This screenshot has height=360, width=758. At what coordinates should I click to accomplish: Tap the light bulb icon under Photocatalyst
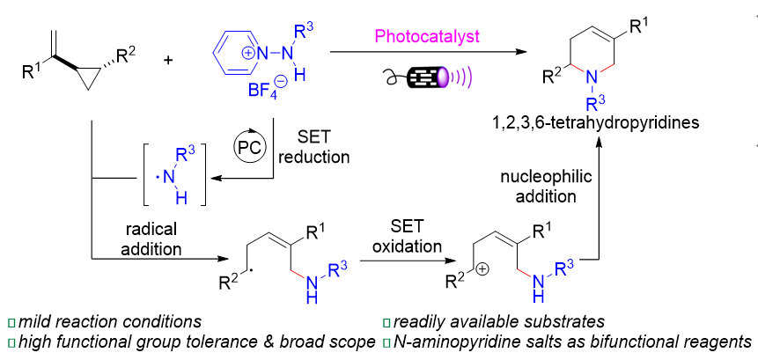coord(423,77)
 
